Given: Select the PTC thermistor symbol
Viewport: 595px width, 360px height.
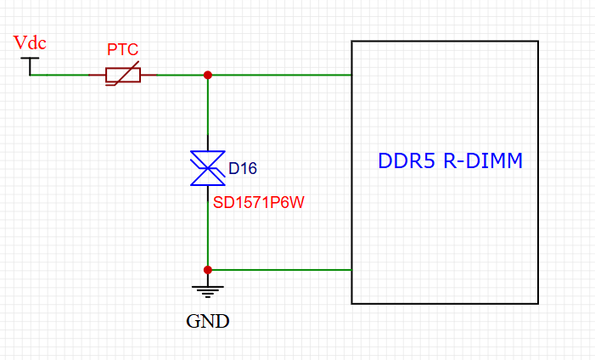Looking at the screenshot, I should (x=123, y=75).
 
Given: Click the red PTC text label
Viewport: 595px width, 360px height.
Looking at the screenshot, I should (x=121, y=51).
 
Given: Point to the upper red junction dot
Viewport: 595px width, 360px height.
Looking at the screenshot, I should (x=208, y=75).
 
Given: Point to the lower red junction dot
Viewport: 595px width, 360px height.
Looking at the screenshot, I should (x=208, y=269).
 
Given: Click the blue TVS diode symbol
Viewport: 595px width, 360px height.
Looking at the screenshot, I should (x=208, y=167).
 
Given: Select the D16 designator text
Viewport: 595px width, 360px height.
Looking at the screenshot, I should (x=243, y=168).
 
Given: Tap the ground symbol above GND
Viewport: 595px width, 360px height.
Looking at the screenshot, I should (x=208, y=289).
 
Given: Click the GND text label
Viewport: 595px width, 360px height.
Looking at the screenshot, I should (x=208, y=321).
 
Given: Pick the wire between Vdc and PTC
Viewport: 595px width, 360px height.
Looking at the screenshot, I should (x=59, y=75).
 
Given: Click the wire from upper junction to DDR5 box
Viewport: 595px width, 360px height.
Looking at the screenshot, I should (x=280, y=75).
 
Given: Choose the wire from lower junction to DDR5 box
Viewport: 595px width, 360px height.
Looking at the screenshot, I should (x=280, y=269).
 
